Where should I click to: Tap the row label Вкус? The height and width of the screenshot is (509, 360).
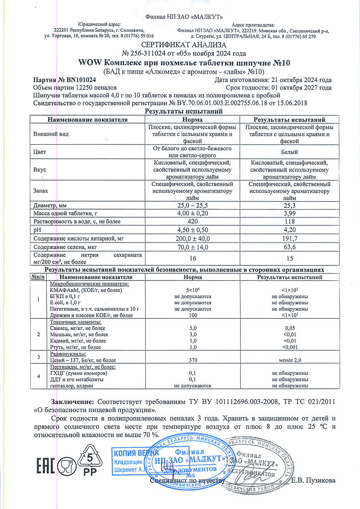[x=40, y=170]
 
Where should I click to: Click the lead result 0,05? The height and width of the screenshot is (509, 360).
[x=290, y=328]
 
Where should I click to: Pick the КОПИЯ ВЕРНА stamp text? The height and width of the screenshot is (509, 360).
[x=130, y=453]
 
